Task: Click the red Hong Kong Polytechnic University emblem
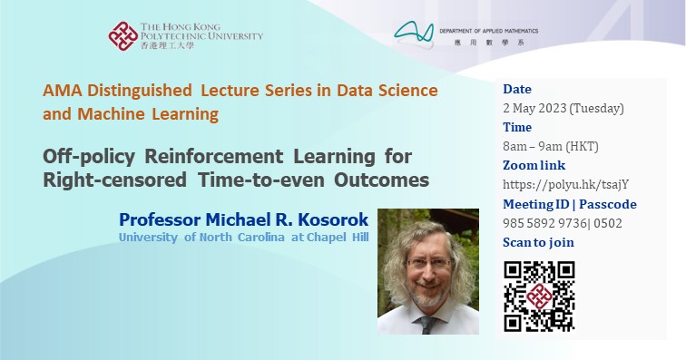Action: click(x=123, y=37)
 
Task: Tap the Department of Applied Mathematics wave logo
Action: click(x=418, y=34)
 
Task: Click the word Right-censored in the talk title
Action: click(x=104, y=180)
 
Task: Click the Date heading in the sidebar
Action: click(x=517, y=90)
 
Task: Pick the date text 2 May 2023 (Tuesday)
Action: click(x=563, y=109)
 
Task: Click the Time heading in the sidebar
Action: click(x=517, y=128)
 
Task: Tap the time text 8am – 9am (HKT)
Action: click(x=550, y=147)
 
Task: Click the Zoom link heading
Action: click(x=534, y=166)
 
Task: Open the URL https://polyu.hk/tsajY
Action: click(x=558, y=185)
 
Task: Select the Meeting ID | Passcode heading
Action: click(x=570, y=204)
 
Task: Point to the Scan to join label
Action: click(x=538, y=242)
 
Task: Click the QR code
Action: click(x=539, y=296)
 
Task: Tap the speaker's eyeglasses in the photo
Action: click(x=428, y=264)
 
